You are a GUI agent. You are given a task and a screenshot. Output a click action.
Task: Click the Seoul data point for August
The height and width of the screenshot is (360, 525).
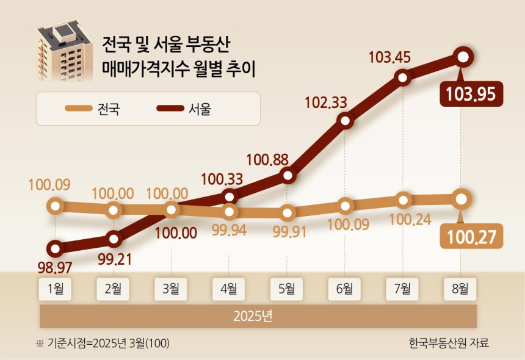463,57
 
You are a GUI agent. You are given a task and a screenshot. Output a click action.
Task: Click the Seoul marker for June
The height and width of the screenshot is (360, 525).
346,121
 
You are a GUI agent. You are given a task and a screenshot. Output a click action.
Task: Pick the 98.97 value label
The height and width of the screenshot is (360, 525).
56,268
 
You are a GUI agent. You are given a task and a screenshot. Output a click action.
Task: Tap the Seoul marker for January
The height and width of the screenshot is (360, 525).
56,249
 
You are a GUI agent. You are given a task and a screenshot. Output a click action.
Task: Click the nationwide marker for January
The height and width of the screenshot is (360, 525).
56,206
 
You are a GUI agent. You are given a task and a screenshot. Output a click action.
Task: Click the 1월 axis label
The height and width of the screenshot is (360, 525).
56,289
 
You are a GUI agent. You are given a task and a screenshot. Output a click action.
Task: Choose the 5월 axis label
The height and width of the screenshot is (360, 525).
286,289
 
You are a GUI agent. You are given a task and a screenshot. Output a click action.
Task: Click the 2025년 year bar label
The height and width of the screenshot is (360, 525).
257,317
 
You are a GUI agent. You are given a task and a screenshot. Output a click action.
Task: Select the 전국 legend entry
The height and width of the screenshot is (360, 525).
93,109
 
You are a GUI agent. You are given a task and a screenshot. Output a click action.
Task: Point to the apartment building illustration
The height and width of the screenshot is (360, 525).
63,53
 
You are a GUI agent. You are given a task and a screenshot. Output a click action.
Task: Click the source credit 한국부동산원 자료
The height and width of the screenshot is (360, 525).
449,343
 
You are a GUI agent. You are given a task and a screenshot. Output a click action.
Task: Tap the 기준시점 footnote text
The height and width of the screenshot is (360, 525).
103,343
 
